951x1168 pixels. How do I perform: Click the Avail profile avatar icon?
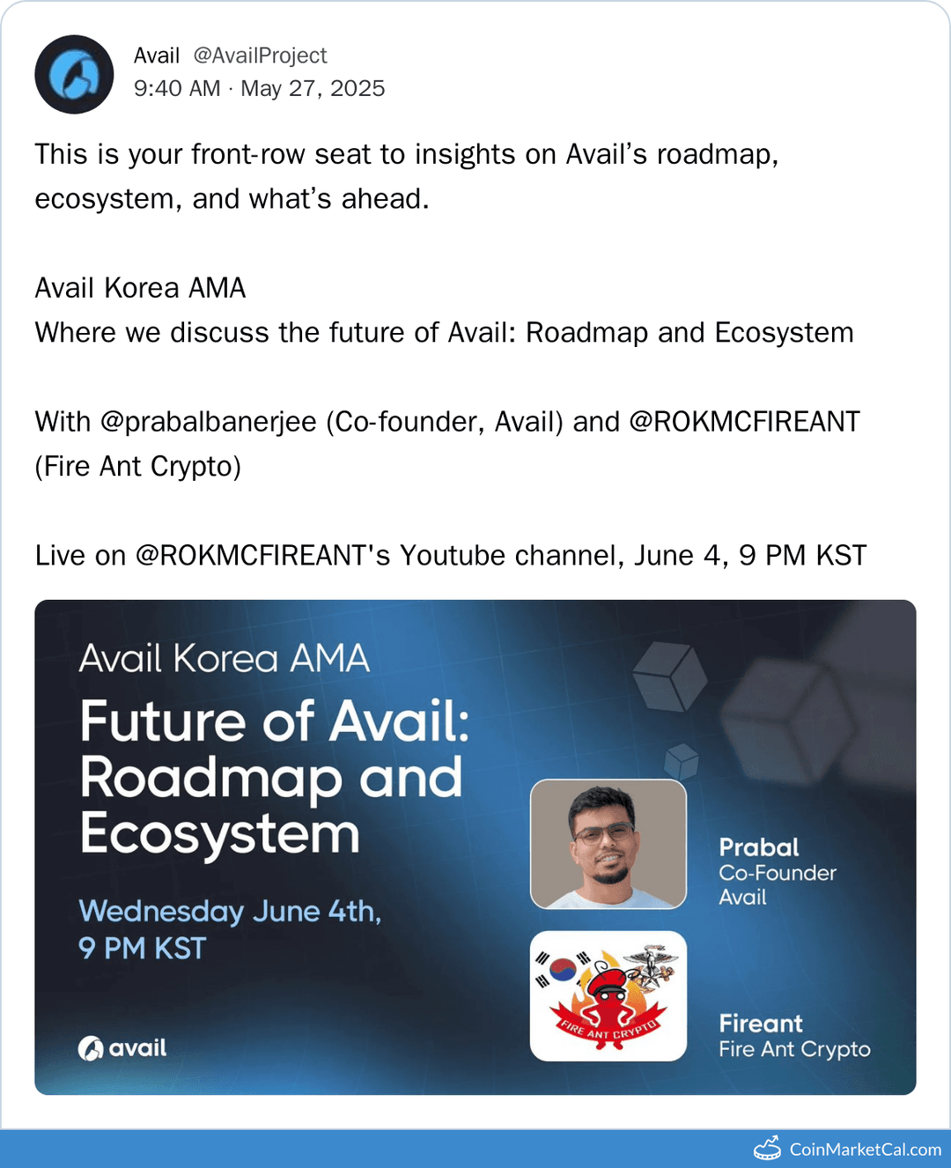pyautogui.click(x=74, y=74)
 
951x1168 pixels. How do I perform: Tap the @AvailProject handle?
pyautogui.click(x=260, y=55)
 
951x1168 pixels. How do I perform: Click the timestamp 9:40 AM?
pyautogui.click(x=177, y=88)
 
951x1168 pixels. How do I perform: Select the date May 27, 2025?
pyautogui.click(x=313, y=88)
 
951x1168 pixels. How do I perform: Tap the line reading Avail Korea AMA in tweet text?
pyautogui.click(x=140, y=288)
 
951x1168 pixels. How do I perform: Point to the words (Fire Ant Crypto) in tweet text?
pyautogui.click(x=138, y=466)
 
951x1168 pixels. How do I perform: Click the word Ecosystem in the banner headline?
pyautogui.click(x=220, y=833)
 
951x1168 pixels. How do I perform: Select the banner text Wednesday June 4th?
pyautogui.click(x=230, y=911)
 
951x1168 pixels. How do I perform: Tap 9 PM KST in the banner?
pyautogui.click(x=142, y=949)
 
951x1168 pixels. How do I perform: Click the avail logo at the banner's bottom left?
pyautogui.click(x=122, y=1048)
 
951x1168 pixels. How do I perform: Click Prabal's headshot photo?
pyautogui.click(x=608, y=844)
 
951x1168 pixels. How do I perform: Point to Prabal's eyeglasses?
pyautogui.click(x=604, y=832)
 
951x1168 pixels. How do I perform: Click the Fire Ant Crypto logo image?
pyautogui.click(x=608, y=996)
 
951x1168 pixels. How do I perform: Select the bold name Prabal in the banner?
pyautogui.click(x=758, y=847)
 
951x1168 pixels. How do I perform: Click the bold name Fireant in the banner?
pyautogui.click(x=761, y=1024)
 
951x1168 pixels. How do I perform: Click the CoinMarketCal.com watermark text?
pyautogui.click(x=865, y=1150)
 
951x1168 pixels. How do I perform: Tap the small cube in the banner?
pyautogui.click(x=681, y=759)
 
